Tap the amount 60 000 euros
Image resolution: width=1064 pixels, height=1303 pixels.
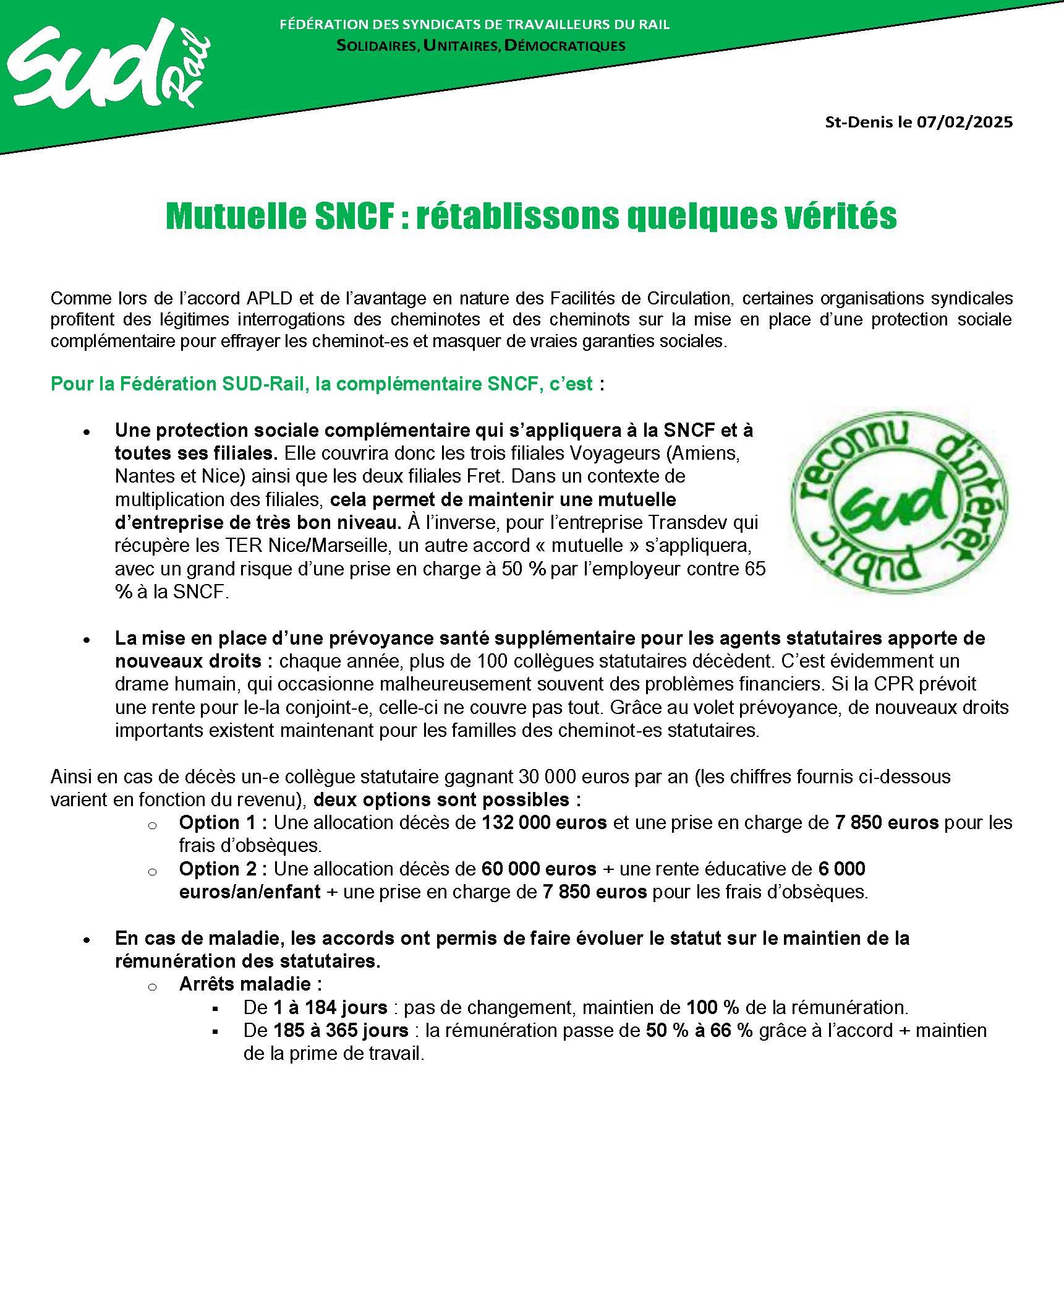point(538,869)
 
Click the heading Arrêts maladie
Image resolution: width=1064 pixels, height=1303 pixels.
point(250,984)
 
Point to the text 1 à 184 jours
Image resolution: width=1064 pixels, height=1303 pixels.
point(330,1007)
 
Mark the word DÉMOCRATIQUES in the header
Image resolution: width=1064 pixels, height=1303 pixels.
point(565,46)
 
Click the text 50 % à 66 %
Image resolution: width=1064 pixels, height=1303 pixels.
point(699,1030)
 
